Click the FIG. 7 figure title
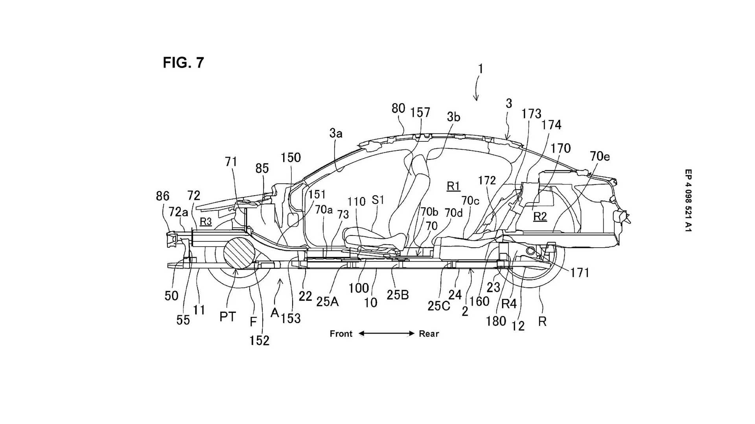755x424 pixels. coord(183,62)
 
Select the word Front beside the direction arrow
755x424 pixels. coord(341,334)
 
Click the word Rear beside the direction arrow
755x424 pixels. coord(429,334)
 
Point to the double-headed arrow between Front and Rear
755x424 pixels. coord(387,334)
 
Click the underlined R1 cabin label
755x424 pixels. coord(453,186)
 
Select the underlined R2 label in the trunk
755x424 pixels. coord(540,216)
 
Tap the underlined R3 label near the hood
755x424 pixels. coord(206,222)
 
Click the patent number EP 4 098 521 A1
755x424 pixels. coord(688,200)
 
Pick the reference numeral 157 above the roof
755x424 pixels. coord(420,113)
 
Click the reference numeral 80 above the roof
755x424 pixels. coord(398,108)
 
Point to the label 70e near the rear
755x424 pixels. coord(600,156)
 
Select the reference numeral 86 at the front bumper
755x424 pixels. coord(163,196)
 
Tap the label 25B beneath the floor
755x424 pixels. coord(398,294)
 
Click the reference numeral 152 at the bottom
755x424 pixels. coord(260,340)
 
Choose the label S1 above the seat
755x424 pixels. coord(378,200)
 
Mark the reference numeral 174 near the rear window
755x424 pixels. coord(551,125)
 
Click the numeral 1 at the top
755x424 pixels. coord(480,69)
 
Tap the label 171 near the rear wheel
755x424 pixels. coord(580,272)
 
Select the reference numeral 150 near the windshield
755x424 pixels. coord(291,157)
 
